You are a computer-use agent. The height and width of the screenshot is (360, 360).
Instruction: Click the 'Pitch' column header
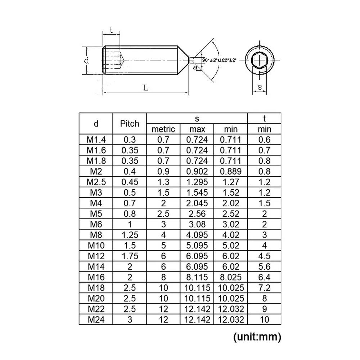[x=130, y=124]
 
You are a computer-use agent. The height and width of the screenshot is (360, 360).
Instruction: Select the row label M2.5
[x=96, y=182]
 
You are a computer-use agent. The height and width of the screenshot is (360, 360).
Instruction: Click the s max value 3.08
[x=197, y=224]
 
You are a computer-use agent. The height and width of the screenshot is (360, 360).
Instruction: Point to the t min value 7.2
[x=264, y=288]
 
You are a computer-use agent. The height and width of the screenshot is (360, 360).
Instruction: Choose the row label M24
[x=96, y=319]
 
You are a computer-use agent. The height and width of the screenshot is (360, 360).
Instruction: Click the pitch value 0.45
[x=130, y=182]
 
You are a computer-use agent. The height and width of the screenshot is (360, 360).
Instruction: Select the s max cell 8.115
[x=197, y=277]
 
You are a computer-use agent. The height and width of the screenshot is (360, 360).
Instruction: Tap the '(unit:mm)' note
[x=257, y=337]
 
